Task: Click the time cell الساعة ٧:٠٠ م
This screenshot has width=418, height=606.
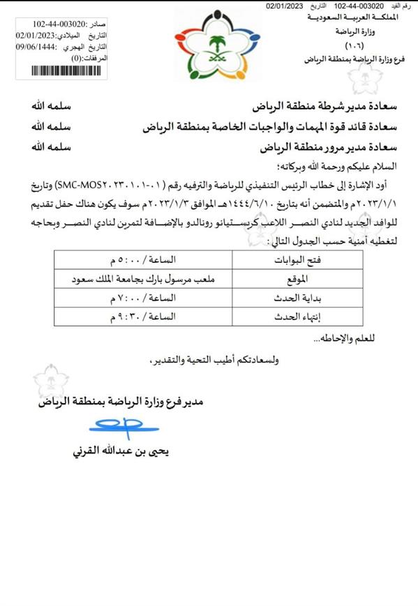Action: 140,297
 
